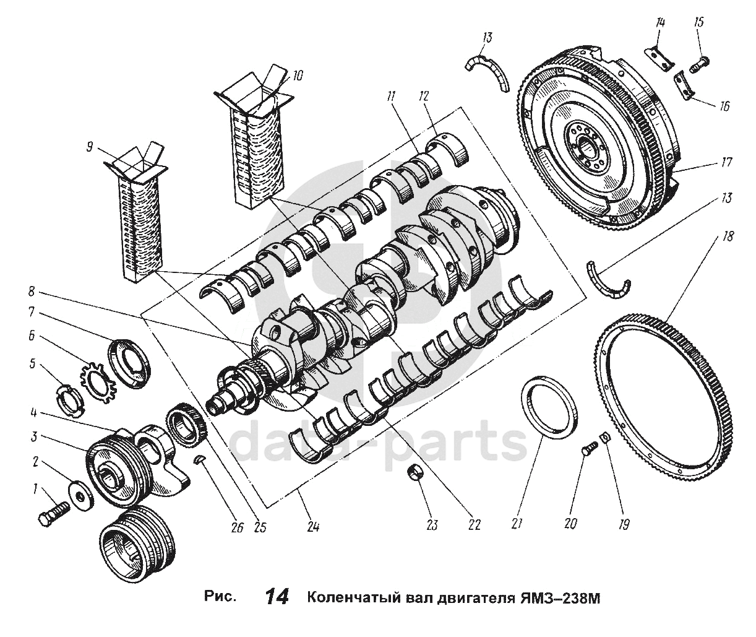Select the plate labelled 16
tap(684, 85)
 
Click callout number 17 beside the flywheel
tap(726, 163)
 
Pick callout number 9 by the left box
tap(90, 147)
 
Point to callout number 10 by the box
tap(298, 76)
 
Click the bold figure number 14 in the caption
tap(277, 597)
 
